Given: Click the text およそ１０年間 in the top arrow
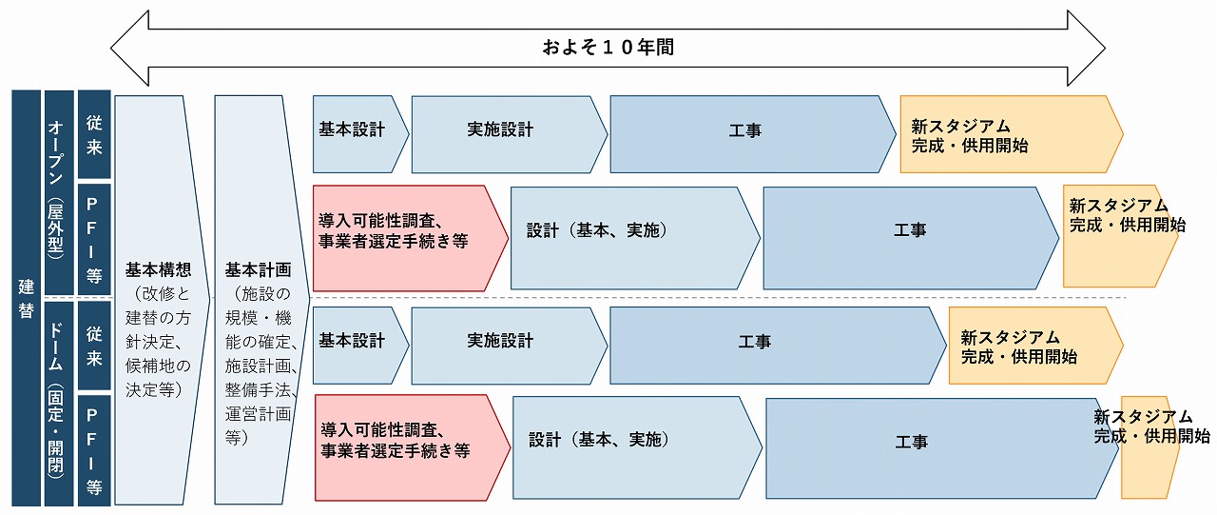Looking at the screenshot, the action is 608,48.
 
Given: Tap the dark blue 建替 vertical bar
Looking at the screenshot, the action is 26,298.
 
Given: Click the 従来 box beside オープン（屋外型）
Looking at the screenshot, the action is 94,134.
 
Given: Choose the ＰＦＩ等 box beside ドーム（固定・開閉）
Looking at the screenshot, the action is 94,450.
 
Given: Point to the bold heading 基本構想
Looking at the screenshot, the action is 158,269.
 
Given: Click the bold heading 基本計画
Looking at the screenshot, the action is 258,269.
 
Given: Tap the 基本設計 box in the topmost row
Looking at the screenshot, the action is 360,134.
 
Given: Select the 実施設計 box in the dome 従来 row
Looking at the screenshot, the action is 509,346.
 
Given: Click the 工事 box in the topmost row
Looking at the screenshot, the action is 753,134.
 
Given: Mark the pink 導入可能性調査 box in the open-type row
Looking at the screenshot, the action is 410,238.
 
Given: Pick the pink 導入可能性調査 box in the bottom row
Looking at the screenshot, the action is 413,447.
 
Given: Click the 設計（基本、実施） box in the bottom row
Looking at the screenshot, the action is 637,447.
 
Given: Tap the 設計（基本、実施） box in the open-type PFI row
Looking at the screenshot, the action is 635,238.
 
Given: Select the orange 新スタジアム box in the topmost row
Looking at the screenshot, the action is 1012,134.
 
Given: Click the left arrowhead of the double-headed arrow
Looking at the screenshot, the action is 130,48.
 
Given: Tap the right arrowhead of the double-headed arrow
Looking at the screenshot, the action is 1086,48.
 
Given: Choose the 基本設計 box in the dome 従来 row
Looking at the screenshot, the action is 360,346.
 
